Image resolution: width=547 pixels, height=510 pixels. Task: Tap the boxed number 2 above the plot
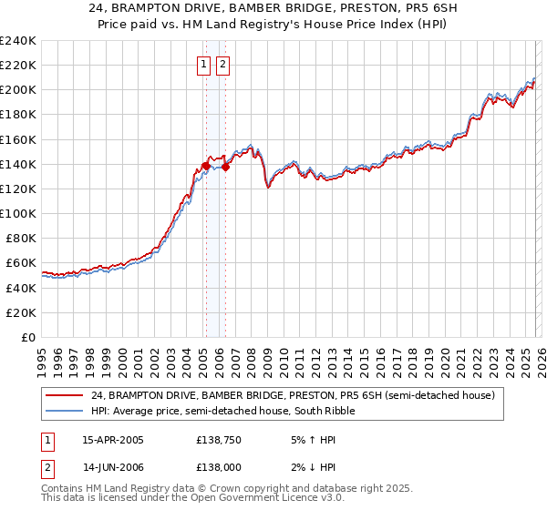tap(222, 65)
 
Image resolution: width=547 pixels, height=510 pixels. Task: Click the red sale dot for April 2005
tap(206, 166)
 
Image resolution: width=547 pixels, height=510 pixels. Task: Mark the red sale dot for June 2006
tap(225, 167)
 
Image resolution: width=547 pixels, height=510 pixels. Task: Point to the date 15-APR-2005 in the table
tap(112, 439)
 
